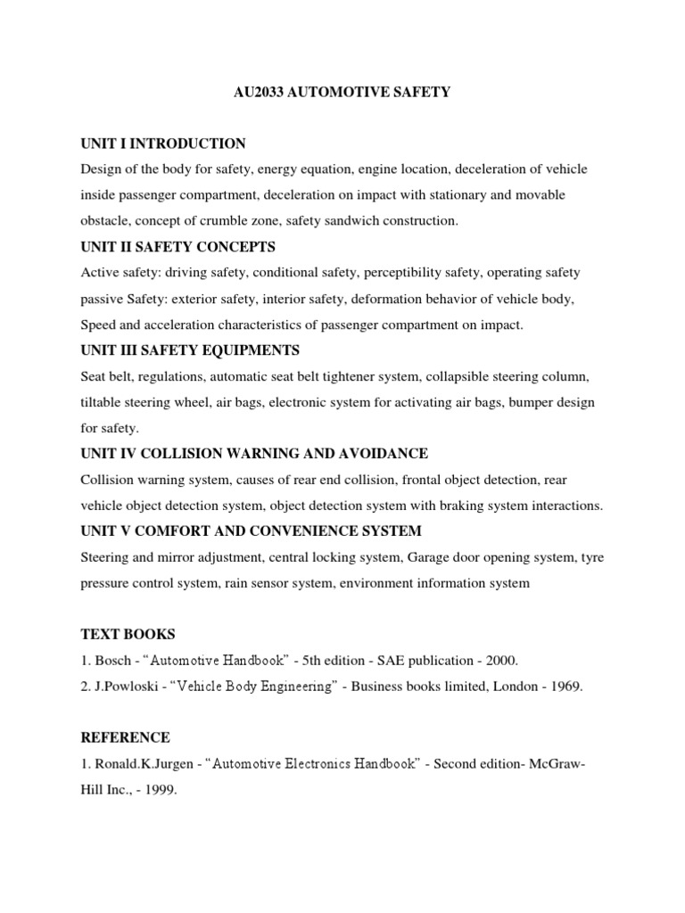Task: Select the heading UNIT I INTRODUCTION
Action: (163, 144)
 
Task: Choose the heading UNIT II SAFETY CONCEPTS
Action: (177, 246)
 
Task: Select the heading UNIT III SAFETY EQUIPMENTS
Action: (189, 350)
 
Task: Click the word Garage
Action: (433, 557)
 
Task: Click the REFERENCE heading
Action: (125, 738)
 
